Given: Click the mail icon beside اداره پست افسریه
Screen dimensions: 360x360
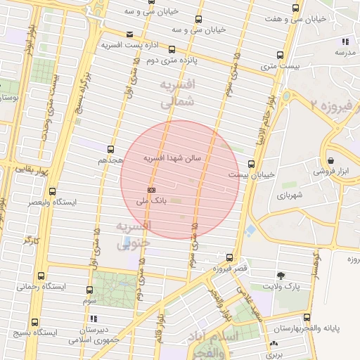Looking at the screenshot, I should coord(129,34).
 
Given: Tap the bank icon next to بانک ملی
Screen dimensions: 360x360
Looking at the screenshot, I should coord(151,190).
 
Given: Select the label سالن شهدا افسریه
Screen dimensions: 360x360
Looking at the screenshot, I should coord(172,158).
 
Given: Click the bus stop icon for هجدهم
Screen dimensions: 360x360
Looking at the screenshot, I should coord(110,149).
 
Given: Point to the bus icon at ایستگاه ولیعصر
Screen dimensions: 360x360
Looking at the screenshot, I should coord(53,191).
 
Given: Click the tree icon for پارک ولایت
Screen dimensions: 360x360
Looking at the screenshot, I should coord(282,275).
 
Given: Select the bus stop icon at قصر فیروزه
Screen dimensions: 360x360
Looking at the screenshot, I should coord(229,257).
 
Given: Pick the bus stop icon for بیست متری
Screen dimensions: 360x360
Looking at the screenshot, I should coord(280,55).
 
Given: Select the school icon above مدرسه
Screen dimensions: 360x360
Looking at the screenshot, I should coord(345,41).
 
